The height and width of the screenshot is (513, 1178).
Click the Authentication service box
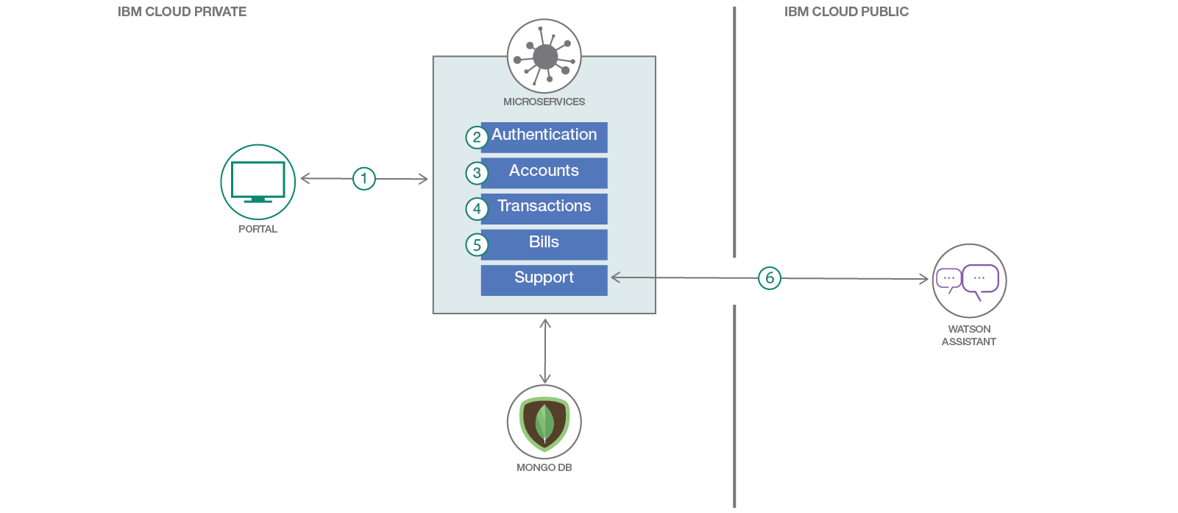544,137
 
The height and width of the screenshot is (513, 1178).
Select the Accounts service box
544,172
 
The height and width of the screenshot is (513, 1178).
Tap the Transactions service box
544,208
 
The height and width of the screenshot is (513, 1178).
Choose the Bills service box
544,244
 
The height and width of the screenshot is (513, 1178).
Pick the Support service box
544,280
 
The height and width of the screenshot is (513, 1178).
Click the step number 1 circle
364,178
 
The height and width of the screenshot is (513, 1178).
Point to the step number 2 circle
477,137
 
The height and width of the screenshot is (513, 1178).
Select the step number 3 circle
477,173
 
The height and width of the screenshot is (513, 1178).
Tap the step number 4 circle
477,209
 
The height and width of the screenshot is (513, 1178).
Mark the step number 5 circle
477,245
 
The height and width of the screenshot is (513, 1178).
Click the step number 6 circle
770,278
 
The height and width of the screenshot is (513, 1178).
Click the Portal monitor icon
258,182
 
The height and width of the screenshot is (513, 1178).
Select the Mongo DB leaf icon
544,422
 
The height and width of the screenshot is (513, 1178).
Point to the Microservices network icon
544,56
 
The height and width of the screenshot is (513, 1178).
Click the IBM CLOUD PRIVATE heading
182,12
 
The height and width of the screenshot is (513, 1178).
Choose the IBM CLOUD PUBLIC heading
846,12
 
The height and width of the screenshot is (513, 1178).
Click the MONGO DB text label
544,467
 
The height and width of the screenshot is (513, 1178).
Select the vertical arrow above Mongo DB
545,351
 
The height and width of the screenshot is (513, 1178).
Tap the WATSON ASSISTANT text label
969,335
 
